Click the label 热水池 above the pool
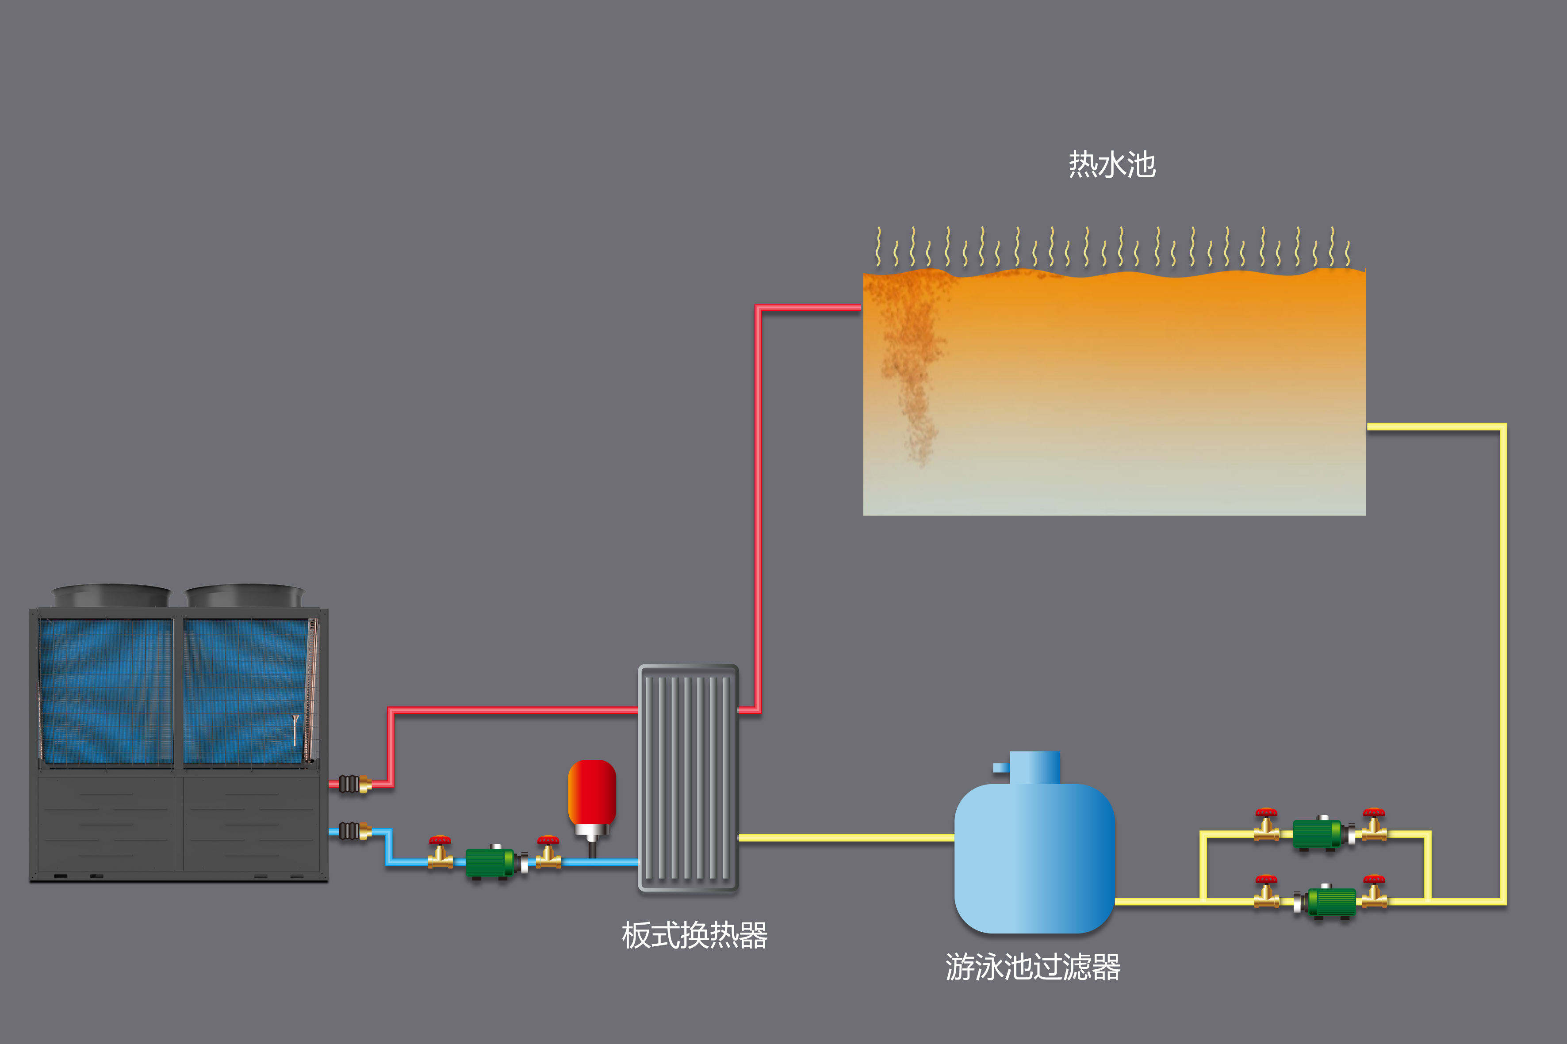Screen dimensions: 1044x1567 coord(1111,164)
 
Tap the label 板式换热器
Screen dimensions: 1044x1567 coord(694,935)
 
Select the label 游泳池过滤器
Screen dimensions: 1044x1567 coord(1033,967)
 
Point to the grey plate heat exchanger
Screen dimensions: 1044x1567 coord(688,777)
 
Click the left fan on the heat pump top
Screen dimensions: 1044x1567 coord(111,595)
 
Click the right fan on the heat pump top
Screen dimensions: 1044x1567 coord(244,595)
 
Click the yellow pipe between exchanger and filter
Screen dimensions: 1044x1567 coord(846,838)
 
